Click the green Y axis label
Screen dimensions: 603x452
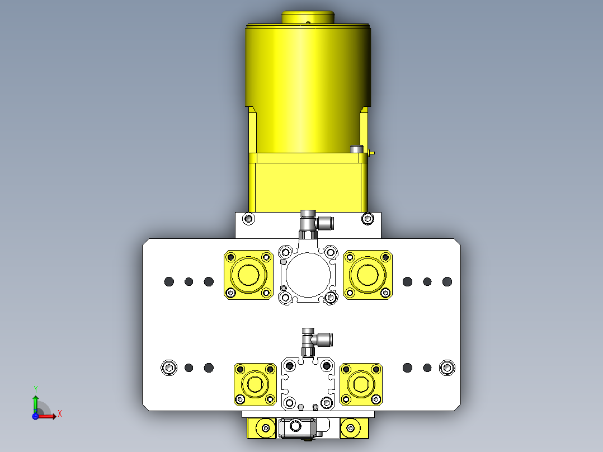pyautogui.click(x=36, y=389)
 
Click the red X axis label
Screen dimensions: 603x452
pyautogui.click(x=60, y=414)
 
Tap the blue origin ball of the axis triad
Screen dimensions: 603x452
pyautogui.click(x=35, y=416)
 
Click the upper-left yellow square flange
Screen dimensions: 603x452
pyautogui.click(x=248, y=275)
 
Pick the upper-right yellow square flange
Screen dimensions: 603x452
pyautogui.click(x=368, y=275)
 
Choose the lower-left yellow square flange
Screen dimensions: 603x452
pyautogui.click(x=255, y=384)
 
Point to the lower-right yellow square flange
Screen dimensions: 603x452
pyautogui.click(x=361, y=384)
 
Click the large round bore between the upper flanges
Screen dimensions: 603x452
pyautogui.click(x=308, y=275)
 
